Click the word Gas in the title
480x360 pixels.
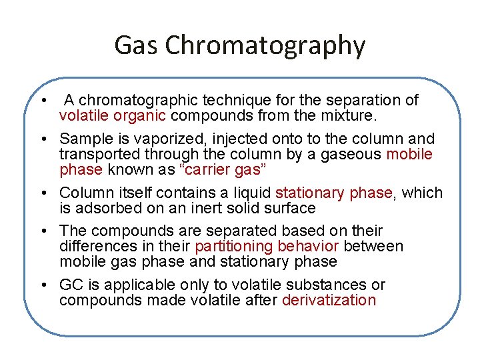(x=136, y=45)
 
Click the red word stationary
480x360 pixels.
(x=311, y=193)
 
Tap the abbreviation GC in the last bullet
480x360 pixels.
(x=71, y=285)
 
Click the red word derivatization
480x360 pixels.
(x=329, y=301)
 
